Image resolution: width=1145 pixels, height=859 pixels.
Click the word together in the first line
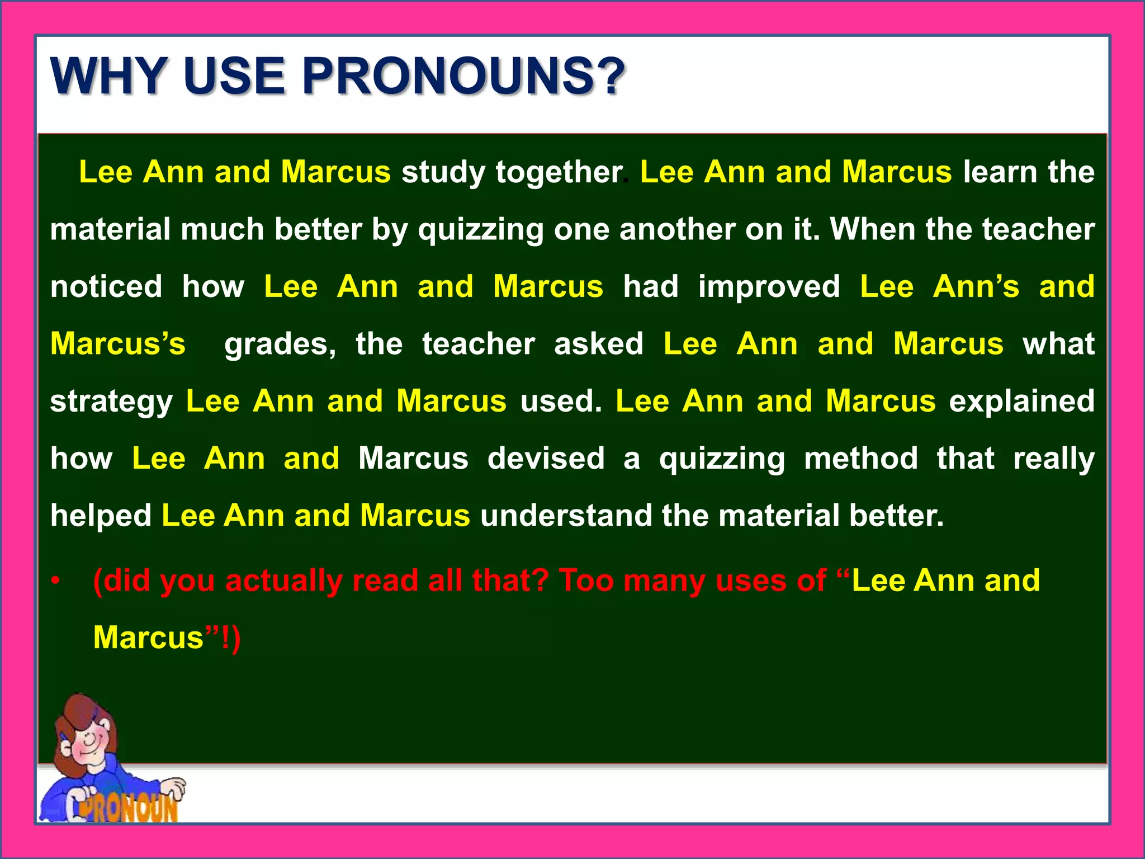pos(559,172)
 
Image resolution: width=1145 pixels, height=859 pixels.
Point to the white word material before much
pos(110,229)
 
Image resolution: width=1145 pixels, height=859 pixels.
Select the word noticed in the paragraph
pos(106,286)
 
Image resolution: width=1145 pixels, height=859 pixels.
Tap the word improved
pos(769,287)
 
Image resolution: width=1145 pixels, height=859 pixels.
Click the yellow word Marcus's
pos(117,343)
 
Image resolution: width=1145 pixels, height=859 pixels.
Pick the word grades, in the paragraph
pos(280,344)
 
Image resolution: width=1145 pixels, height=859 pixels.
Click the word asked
pos(599,343)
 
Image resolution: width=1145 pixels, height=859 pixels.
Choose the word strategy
pos(111,402)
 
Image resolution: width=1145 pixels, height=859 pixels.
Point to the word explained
pos(1021,402)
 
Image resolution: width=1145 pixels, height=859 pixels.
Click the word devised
pos(546,459)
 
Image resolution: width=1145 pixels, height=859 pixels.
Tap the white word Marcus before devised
pos(413,459)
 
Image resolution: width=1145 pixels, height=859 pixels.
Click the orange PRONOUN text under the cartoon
pos(129,808)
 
